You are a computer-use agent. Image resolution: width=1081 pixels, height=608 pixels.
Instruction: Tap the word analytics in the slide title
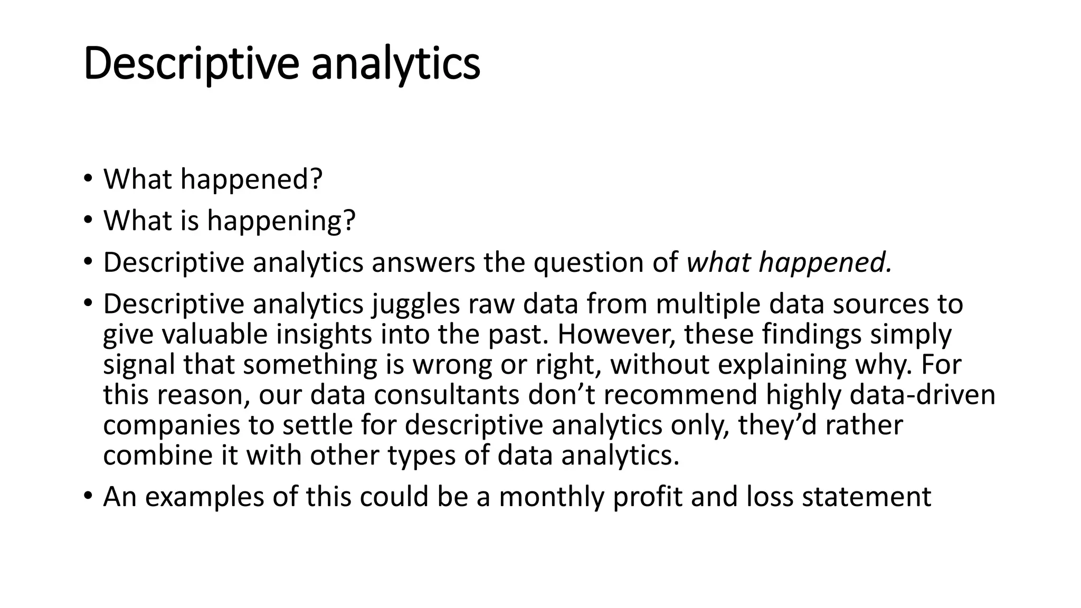coord(395,64)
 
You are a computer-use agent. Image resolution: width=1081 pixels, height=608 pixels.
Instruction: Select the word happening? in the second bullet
coord(281,220)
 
